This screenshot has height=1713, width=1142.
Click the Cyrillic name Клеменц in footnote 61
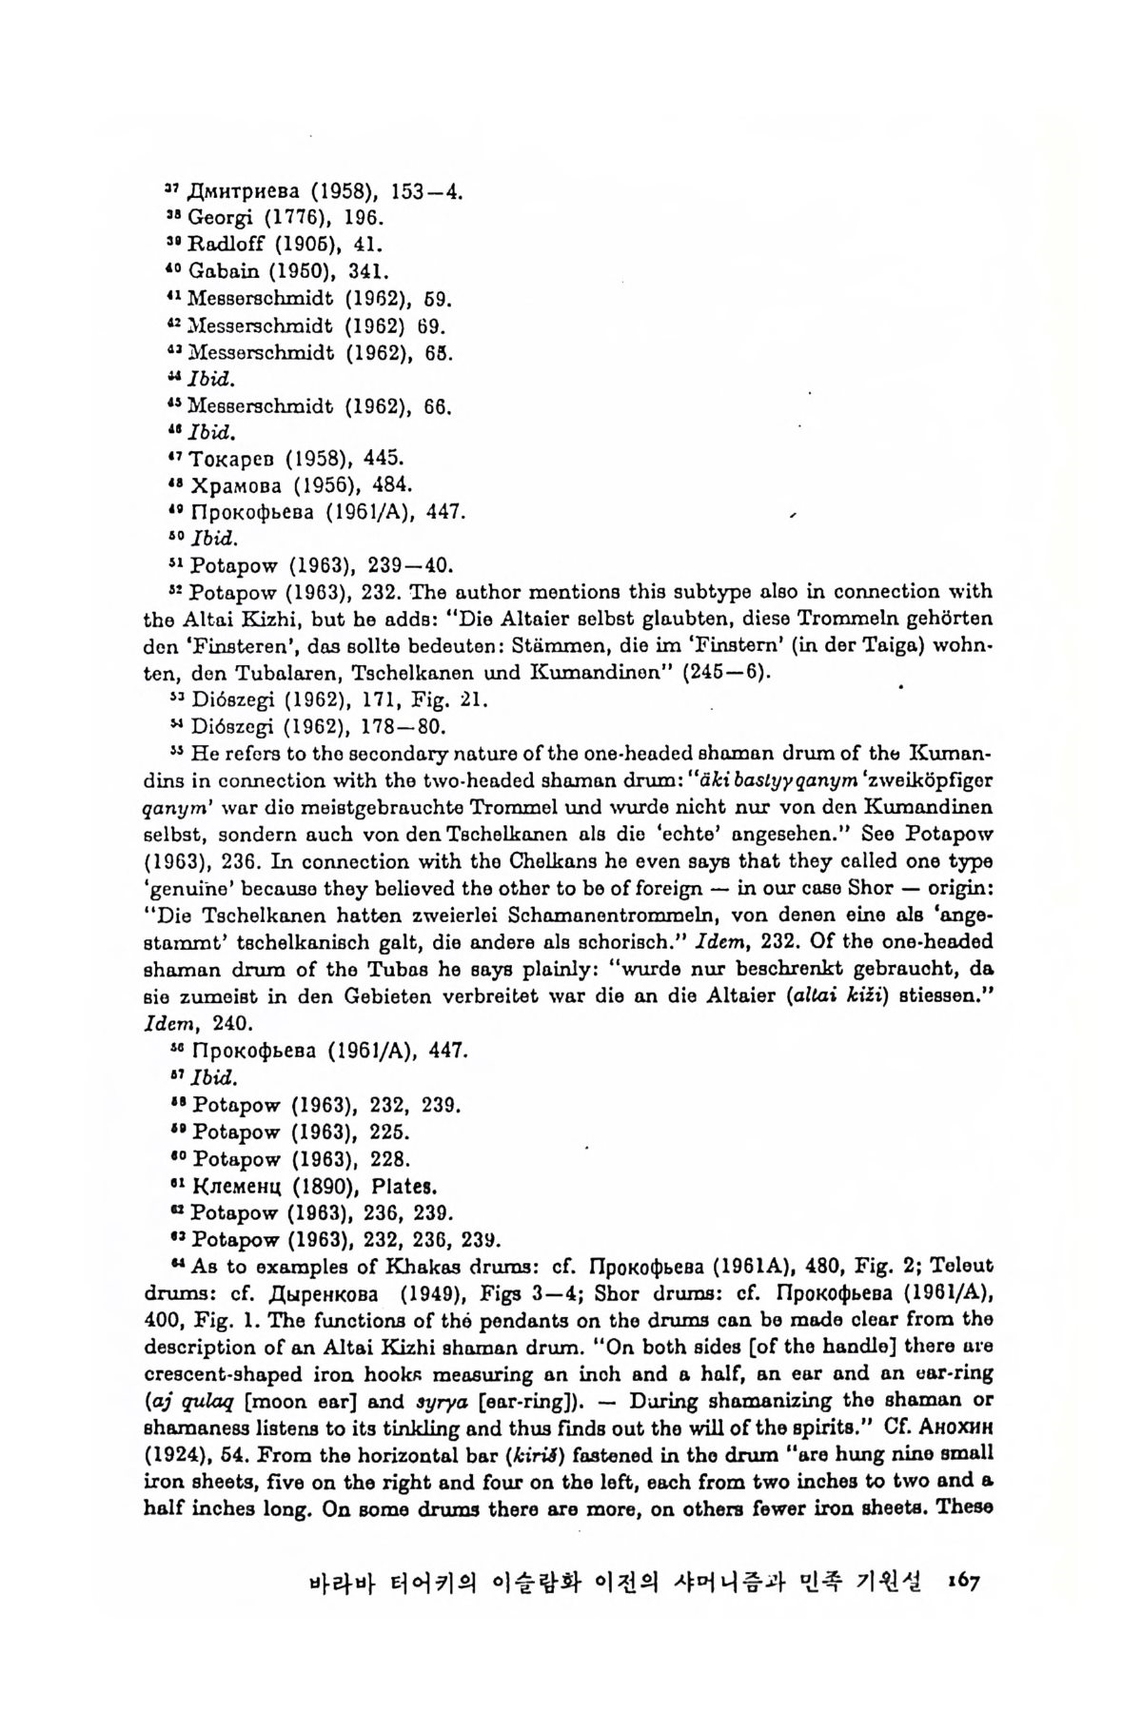[234, 1187]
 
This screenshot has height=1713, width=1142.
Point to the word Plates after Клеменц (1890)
[407, 1187]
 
